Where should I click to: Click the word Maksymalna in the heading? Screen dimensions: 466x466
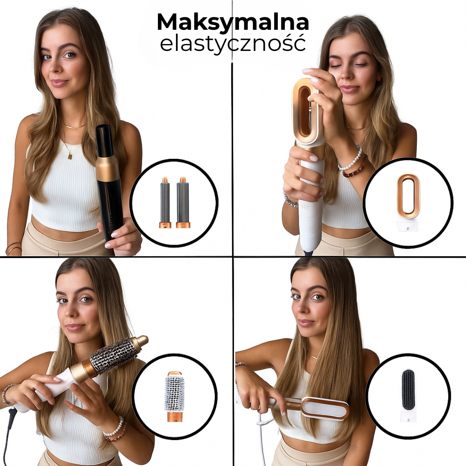[x=233, y=22]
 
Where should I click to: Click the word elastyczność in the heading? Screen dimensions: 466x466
[x=233, y=44]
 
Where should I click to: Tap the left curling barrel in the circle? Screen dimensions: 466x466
[x=165, y=202]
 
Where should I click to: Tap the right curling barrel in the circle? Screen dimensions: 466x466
[x=183, y=202]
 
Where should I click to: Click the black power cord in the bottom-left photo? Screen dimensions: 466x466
[x=9, y=427]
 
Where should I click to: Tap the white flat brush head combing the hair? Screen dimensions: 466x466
[x=324, y=408]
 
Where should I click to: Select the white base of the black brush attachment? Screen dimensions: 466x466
[x=408, y=415]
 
